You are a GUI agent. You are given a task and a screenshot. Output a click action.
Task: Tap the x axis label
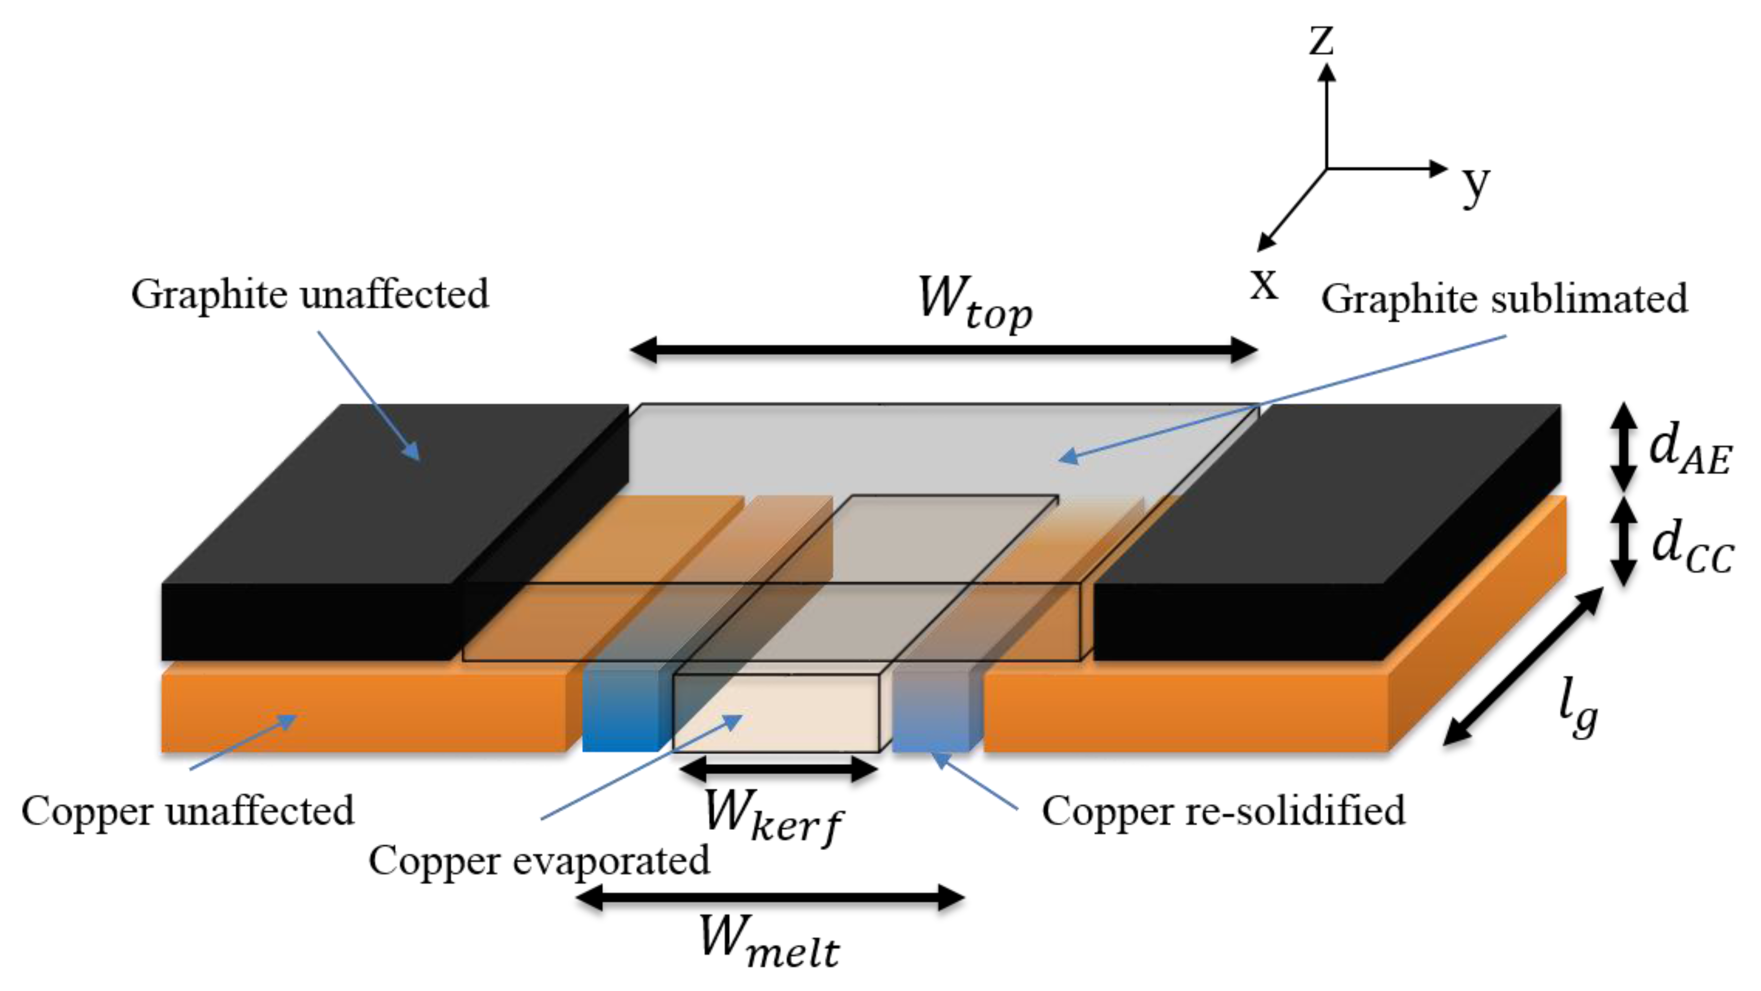click(x=1263, y=283)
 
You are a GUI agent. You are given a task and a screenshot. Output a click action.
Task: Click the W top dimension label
click(x=974, y=304)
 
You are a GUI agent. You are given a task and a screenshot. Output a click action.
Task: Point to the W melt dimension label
click(x=769, y=943)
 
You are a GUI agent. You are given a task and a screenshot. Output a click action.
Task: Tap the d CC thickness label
click(x=1691, y=547)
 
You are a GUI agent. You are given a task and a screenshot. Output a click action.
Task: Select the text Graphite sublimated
click(x=1504, y=299)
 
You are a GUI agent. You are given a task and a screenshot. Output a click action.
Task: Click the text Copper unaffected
click(x=188, y=811)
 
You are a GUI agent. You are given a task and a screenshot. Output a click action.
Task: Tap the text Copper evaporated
click(x=538, y=860)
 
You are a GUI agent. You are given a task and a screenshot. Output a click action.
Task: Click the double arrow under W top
click(x=943, y=350)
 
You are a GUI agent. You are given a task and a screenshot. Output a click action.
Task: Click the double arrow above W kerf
click(x=779, y=769)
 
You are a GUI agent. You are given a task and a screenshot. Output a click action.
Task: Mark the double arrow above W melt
click(x=771, y=897)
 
